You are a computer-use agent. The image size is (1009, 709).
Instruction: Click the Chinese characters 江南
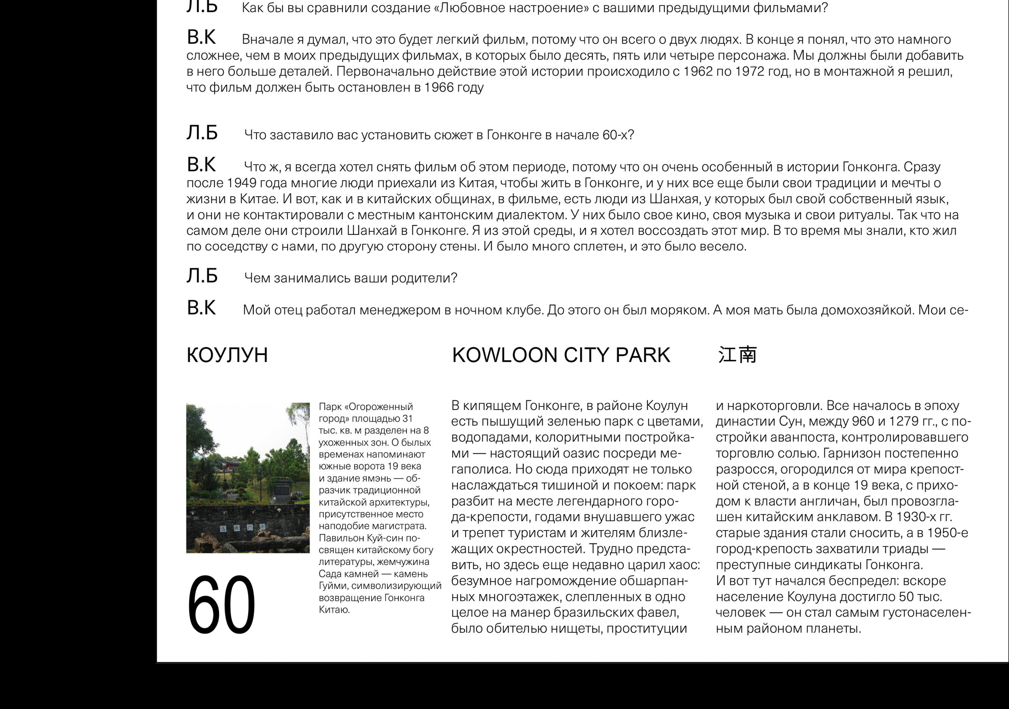(737, 355)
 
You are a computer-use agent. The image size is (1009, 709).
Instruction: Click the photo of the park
(248, 478)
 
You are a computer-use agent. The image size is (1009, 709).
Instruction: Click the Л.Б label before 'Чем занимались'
(202, 276)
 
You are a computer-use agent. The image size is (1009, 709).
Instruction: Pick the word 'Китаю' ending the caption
(334, 610)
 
